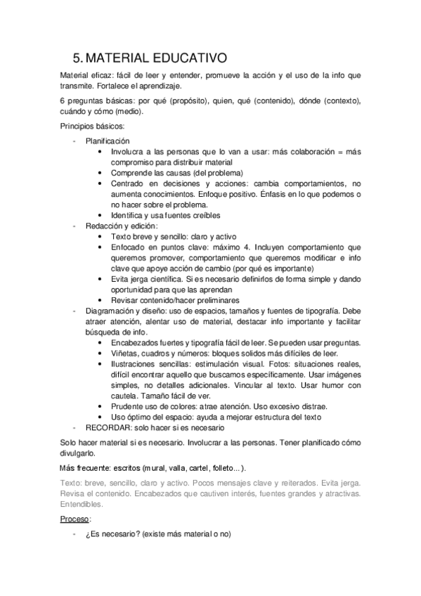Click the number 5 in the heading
coord(78,58)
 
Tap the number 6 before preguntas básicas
coord(63,101)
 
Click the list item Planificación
coord(108,141)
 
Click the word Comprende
coord(132,172)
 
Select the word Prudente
coord(128,406)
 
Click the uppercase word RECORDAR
coord(110,427)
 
